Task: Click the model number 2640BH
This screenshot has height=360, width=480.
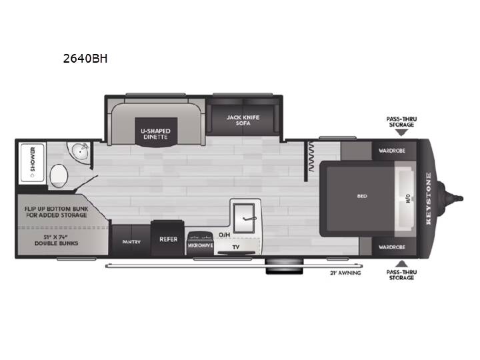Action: pos(85,59)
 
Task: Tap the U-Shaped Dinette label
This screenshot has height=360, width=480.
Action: pos(155,134)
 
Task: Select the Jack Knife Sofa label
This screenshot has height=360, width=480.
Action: pos(243,120)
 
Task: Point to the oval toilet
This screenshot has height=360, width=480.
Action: pos(59,176)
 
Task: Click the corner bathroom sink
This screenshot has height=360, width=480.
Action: pos(81,151)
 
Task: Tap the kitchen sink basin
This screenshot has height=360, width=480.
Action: pos(244,218)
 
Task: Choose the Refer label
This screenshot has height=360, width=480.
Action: pos(169,239)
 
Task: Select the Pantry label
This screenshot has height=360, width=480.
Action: pos(131,242)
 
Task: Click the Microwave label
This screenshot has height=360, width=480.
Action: pos(200,245)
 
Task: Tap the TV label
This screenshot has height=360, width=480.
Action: pos(236,247)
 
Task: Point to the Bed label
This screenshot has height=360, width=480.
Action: pos(362,196)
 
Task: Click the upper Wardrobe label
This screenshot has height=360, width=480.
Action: pos(392,151)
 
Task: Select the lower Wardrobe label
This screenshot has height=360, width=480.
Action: pos(392,247)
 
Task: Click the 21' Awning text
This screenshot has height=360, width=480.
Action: pos(345,273)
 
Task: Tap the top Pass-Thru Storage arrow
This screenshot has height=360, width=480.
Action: pos(401,133)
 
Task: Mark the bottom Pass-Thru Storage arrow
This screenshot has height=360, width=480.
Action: pos(401,264)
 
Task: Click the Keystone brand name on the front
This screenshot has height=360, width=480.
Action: pos(428,199)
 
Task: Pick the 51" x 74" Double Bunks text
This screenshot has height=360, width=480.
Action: pos(56,240)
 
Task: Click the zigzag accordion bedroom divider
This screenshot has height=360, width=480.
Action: pos(311,157)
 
